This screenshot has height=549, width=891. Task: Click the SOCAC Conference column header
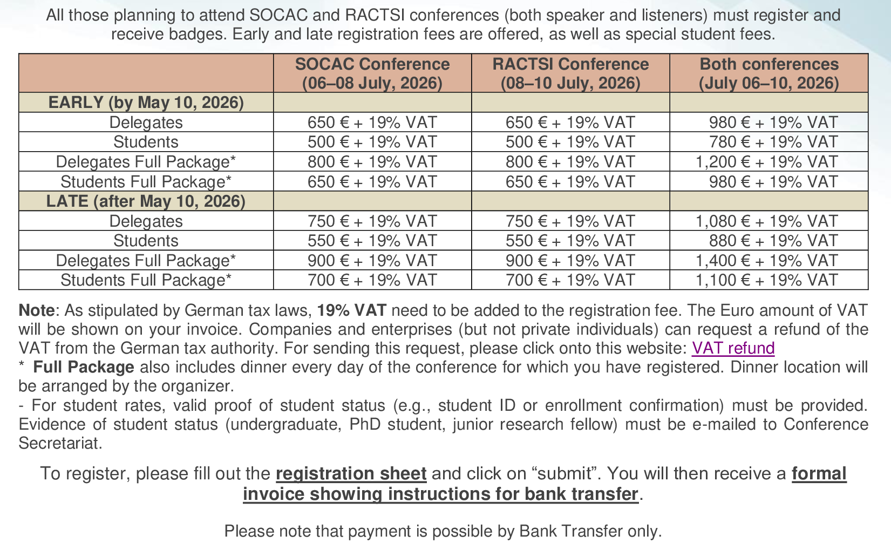coord(372,73)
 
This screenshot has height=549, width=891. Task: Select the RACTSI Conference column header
coord(570,73)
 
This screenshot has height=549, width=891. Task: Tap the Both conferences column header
coord(768,73)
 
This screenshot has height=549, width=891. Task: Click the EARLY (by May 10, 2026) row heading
coord(146,103)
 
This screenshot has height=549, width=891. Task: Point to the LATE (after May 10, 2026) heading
coord(146,201)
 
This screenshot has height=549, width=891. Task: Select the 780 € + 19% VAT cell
coord(773,142)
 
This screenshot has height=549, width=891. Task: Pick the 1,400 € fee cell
coord(766,261)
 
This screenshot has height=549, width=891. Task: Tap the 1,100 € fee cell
coord(766,280)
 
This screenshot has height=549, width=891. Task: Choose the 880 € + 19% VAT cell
coord(773,241)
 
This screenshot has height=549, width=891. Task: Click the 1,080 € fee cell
coord(766,221)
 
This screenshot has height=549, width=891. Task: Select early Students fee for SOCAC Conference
coord(372,142)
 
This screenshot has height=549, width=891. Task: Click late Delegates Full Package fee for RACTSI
coord(570,261)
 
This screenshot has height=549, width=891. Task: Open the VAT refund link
coord(733,348)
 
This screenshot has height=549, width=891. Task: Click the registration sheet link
coord(351,473)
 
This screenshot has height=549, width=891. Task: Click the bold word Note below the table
coord(36,310)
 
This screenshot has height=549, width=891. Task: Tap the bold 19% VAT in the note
coord(351,310)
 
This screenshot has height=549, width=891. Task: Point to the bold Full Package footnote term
coord(84,368)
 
